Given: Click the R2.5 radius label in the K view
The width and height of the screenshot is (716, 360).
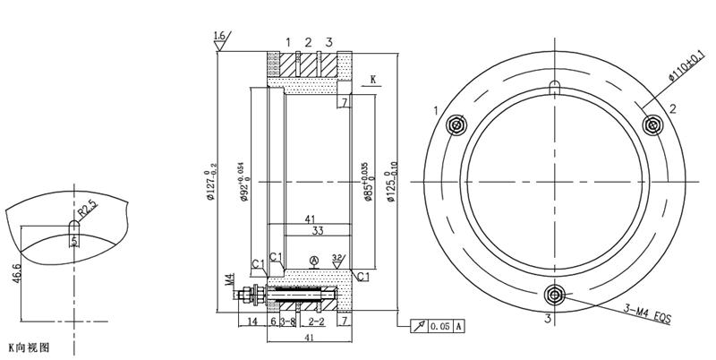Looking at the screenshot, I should pyautogui.click(x=87, y=210).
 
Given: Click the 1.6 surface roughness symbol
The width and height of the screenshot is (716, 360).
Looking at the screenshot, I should pyautogui.click(x=219, y=38).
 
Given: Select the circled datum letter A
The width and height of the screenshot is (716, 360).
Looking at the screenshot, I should pyautogui.click(x=313, y=261).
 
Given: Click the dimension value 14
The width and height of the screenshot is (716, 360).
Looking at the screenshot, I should pyautogui.click(x=252, y=320).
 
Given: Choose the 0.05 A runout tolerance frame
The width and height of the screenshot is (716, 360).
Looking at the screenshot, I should pyautogui.click(x=438, y=326).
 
